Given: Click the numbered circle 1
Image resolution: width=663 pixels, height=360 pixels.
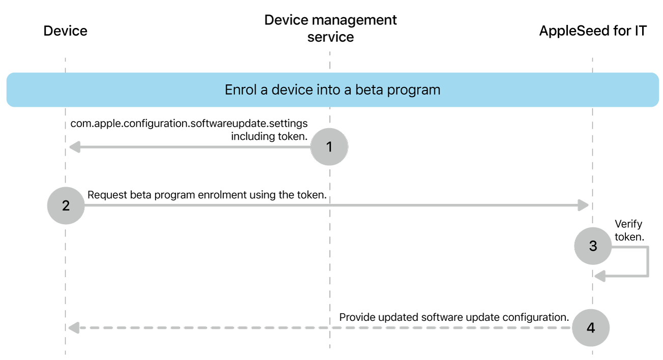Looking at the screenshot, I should [329, 147].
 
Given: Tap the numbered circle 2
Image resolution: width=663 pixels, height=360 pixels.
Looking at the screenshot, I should [66, 205].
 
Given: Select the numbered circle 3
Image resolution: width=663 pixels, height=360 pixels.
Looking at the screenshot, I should [593, 246].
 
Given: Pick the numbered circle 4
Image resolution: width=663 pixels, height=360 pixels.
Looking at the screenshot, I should [591, 327].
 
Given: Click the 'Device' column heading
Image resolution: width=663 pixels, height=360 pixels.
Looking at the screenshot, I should [66, 31].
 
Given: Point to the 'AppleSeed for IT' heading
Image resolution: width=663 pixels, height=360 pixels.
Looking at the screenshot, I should [593, 31].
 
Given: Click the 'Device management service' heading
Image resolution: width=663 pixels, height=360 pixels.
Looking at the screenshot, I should [331, 28].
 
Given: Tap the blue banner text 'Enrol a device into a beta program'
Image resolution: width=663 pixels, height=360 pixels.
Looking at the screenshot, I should [332, 90].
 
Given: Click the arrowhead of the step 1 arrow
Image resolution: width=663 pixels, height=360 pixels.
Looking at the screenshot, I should [74, 147].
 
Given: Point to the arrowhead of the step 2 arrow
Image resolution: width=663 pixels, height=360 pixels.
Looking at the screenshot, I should [583, 205].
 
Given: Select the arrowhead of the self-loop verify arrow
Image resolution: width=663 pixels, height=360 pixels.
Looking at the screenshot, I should [600, 276].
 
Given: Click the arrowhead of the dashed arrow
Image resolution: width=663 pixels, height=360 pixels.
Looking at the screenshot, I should [74, 328].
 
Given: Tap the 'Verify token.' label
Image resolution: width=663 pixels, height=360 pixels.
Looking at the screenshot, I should [629, 230].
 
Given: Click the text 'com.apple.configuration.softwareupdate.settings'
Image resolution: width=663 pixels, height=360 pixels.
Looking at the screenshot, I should [189, 124].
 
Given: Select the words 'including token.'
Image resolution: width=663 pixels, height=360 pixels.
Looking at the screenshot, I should [269, 136].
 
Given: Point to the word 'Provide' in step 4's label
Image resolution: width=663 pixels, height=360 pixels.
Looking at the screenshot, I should [357, 317].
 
